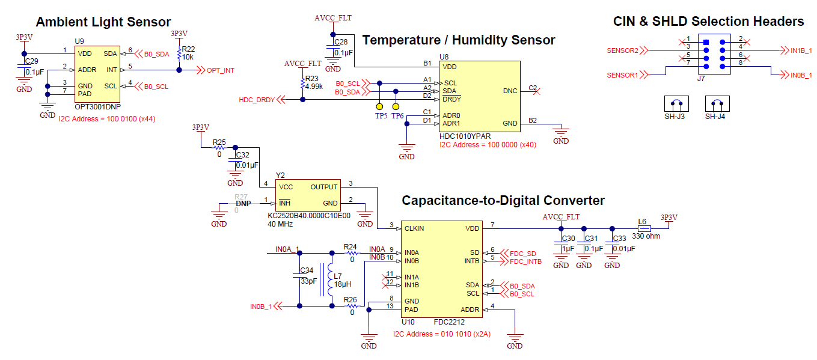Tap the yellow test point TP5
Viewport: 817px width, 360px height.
[379, 106]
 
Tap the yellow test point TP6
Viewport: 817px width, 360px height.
[396, 106]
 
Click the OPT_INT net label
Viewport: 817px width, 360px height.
[220, 70]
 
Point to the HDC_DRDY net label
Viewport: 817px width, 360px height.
[257, 100]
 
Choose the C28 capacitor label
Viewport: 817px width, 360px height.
[341, 42]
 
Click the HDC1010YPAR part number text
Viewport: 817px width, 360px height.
[465, 136]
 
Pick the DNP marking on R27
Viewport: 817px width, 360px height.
[243, 204]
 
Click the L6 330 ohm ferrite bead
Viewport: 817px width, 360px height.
[644, 228]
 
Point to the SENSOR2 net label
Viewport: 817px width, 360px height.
[622, 50]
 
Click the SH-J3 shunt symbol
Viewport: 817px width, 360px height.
[678, 104]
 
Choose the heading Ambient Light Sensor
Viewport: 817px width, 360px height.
[103, 22]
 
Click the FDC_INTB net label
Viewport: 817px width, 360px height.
[525, 261]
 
